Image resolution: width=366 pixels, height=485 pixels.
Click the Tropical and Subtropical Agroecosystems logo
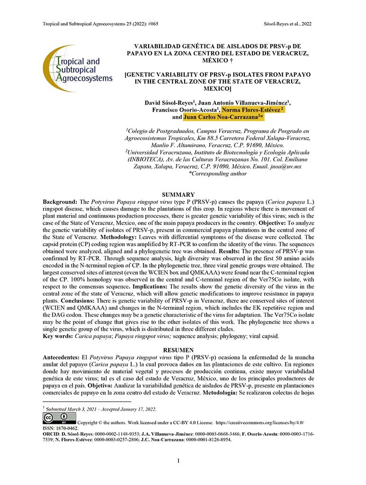[x=77, y=69]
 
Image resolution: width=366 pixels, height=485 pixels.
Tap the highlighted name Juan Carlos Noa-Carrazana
[x=223, y=117]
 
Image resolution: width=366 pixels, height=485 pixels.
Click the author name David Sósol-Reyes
[x=168, y=102]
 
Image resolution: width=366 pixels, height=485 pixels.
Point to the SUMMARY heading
[x=178, y=195]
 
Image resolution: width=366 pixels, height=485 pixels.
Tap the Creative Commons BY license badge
[x=59, y=418]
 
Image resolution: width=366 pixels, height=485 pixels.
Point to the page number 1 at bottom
[x=178, y=460]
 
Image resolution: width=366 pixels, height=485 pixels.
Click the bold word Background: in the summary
[x=59, y=202]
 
